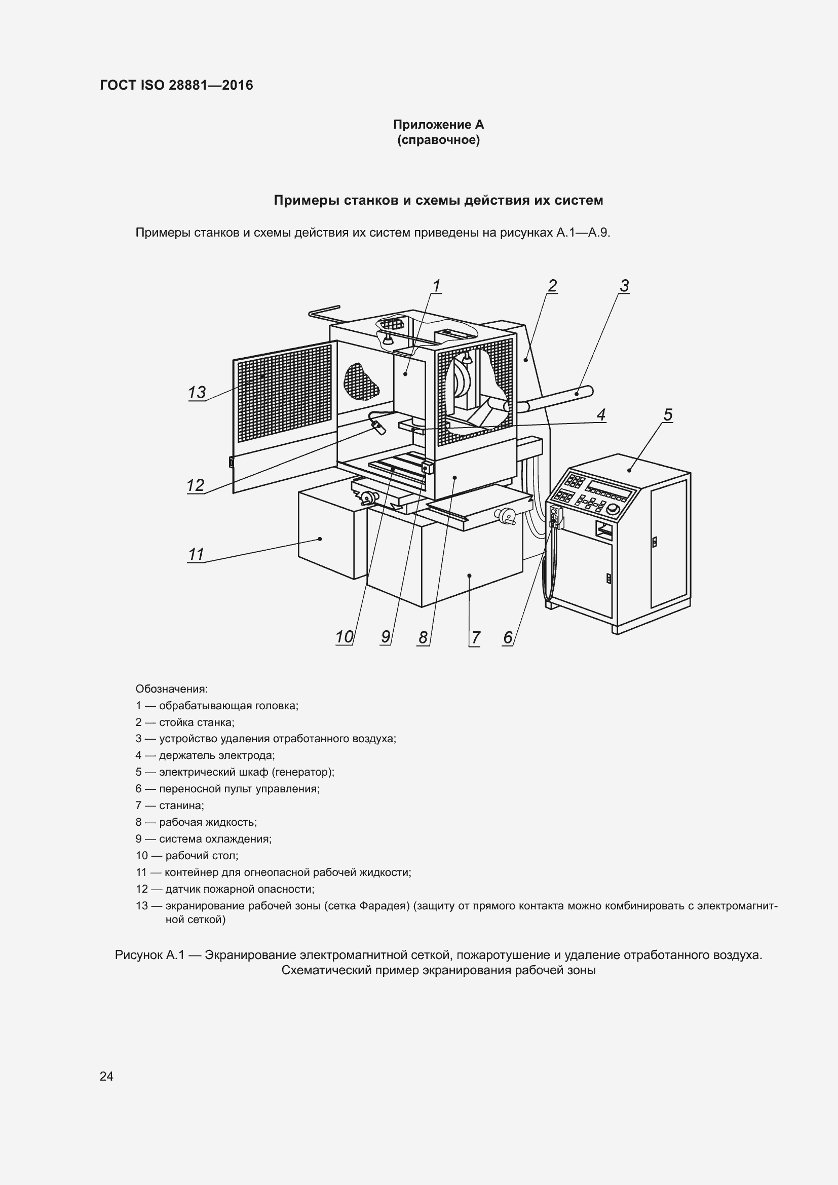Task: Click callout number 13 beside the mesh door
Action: coord(197,393)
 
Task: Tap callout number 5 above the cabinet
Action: coord(668,415)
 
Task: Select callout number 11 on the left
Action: coord(196,554)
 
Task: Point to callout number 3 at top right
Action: coord(624,286)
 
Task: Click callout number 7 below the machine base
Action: coord(475,638)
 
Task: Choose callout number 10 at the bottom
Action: coord(344,637)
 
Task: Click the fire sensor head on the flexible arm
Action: coord(379,428)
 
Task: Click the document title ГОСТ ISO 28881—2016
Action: coord(176,85)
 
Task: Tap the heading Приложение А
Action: coord(438,125)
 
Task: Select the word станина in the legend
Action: coord(181,806)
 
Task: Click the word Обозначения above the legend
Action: coord(171,689)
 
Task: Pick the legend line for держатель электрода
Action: coord(205,755)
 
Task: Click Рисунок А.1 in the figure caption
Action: coord(149,955)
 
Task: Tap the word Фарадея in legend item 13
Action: coord(384,906)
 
